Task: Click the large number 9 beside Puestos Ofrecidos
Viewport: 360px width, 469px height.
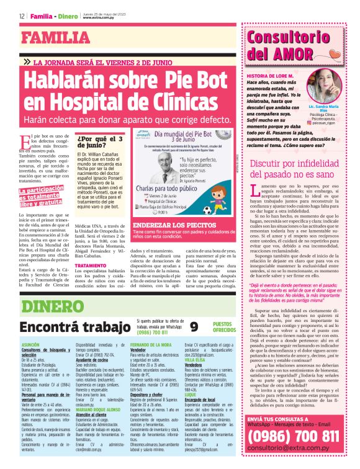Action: (x=194, y=326)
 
